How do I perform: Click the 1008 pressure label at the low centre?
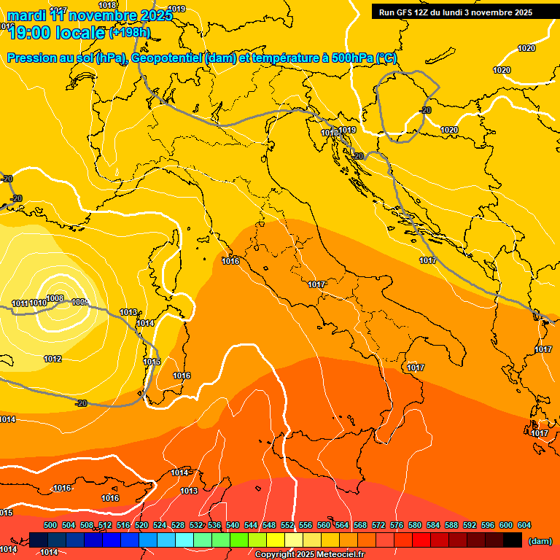(x=55, y=298)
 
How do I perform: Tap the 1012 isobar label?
(x=52, y=359)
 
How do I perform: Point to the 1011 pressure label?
(x=20, y=303)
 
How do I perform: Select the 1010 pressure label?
(x=38, y=303)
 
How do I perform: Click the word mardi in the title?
(x=27, y=15)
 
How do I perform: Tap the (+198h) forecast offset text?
(x=130, y=32)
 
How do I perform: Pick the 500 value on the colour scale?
(x=50, y=525)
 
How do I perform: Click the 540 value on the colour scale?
(x=233, y=525)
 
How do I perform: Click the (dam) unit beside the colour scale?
(x=540, y=541)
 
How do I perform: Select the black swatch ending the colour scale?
(x=513, y=540)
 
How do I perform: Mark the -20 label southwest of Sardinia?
(x=82, y=403)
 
